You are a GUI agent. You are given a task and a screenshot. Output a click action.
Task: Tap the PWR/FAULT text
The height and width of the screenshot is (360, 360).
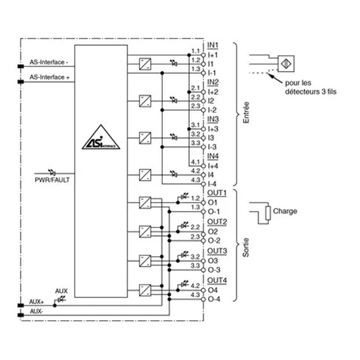(52, 180)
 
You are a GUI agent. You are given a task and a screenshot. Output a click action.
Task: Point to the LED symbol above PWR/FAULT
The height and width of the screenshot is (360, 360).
(52, 171)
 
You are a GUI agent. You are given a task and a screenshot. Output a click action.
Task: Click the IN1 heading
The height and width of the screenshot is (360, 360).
(213, 45)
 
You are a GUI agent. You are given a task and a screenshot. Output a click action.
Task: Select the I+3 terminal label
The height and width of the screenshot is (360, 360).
(213, 128)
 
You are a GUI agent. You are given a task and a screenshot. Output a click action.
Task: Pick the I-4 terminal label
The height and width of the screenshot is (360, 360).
(212, 184)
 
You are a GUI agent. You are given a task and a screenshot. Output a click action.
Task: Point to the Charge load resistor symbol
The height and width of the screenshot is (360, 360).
(268, 213)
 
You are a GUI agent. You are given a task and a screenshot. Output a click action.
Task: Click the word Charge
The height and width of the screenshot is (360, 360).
(285, 211)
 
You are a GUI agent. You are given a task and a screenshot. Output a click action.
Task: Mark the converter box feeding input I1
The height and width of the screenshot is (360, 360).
(145, 63)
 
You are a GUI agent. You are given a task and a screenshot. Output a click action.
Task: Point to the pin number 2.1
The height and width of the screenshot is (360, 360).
(195, 87)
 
